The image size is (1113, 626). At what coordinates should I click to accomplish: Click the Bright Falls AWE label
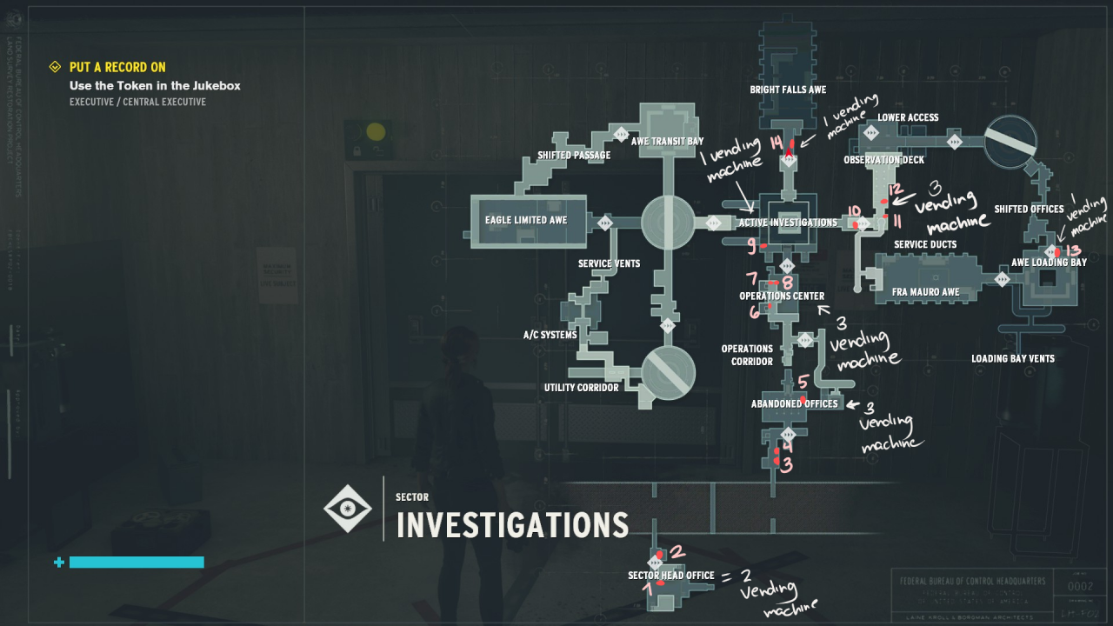click(x=788, y=90)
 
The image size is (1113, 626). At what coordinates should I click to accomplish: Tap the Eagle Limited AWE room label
click(x=526, y=220)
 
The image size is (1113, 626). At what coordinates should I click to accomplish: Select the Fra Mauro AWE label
click(x=926, y=292)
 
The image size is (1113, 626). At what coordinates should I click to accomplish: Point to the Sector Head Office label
click(x=671, y=576)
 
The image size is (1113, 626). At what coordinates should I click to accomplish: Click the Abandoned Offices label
click(x=795, y=403)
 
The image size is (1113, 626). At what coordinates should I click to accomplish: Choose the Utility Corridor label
click(x=582, y=388)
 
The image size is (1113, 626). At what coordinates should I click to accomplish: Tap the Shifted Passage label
click(x=574, y=156)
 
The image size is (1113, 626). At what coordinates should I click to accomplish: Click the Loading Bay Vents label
click(x=1013, y=358)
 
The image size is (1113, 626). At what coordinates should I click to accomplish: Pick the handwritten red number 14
click(x=776, y=143)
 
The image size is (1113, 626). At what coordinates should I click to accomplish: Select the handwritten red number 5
click(x=803, y=382)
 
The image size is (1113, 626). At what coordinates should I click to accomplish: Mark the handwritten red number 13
click(x=1072, y=250)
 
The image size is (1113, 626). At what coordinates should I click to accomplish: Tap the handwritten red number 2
click(x=678, y=551)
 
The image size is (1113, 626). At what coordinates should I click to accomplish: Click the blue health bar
click(x=137, y=563)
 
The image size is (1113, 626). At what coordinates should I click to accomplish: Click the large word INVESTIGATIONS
click(x=512, y=525)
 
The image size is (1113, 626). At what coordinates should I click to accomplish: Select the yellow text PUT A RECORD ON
click(x=117, y=67)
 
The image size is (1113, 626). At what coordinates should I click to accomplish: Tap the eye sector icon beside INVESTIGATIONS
click(x=348, y=509)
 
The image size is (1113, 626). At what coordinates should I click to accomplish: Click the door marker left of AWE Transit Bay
click(x=621, y=134)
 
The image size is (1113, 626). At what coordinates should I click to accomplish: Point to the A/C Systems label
click(x=550, y=335)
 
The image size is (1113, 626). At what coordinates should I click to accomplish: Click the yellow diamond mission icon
click(x=55, y=67)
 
